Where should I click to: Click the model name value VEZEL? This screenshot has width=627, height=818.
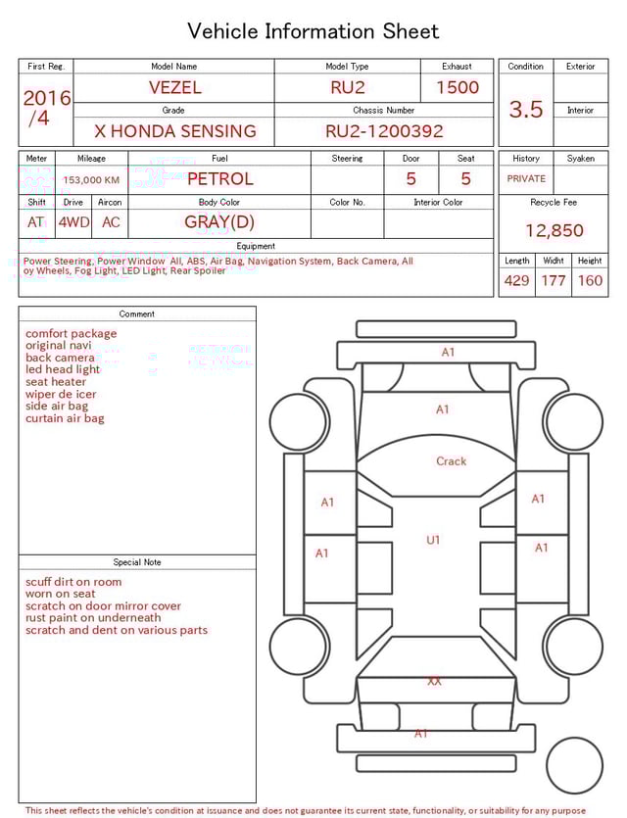(174, 87)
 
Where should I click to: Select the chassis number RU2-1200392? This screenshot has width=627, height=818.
(384, 131)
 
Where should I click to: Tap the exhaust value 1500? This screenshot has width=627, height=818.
(458, 87)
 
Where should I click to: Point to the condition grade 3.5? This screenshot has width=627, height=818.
(526, 110)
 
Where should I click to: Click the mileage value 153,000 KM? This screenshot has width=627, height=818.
(91, 180)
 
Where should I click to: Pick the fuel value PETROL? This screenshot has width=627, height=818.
(219, 179)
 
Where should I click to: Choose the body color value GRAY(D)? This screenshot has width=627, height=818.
(219, 222)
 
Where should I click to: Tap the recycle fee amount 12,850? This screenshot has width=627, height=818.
(554, 231)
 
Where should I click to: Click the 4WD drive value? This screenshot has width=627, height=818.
(73, 222)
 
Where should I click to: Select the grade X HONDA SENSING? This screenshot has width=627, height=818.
(174, 131)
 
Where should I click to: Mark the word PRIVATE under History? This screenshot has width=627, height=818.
(526, 179)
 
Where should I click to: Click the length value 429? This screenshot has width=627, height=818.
(516, 281)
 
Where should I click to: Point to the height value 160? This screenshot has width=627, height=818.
(590, 281)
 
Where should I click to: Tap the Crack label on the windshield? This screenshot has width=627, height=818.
(452, 461)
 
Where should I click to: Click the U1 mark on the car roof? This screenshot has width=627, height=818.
(433, 540)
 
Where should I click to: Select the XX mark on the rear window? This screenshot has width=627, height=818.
(434, 681)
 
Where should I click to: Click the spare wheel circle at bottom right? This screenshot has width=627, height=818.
(574, 765)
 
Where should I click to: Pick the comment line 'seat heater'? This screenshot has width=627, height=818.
(56, 382)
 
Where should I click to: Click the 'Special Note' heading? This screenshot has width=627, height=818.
(137, 562)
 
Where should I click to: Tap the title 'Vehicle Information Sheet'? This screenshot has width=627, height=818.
(313, 31)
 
